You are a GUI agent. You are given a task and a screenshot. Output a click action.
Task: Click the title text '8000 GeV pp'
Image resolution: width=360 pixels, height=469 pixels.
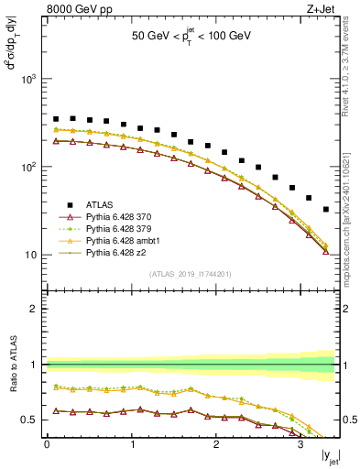75,10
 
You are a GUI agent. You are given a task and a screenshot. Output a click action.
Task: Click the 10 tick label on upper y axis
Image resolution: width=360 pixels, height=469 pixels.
32,255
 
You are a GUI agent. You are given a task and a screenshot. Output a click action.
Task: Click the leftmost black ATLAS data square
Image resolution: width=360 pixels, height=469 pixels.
56,119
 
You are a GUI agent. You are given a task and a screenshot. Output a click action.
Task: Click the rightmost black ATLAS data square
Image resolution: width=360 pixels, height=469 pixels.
326,210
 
